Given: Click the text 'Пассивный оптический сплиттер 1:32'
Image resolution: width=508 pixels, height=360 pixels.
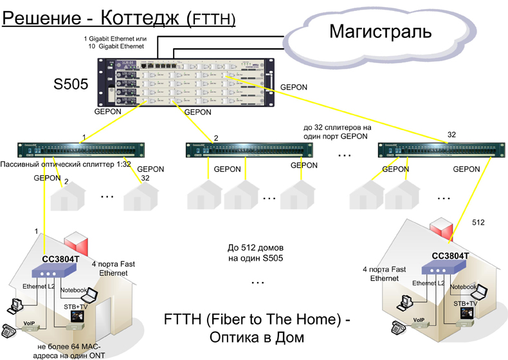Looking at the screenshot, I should click(66, 164).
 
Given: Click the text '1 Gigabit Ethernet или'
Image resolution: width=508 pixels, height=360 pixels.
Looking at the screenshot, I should click(116, 39).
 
